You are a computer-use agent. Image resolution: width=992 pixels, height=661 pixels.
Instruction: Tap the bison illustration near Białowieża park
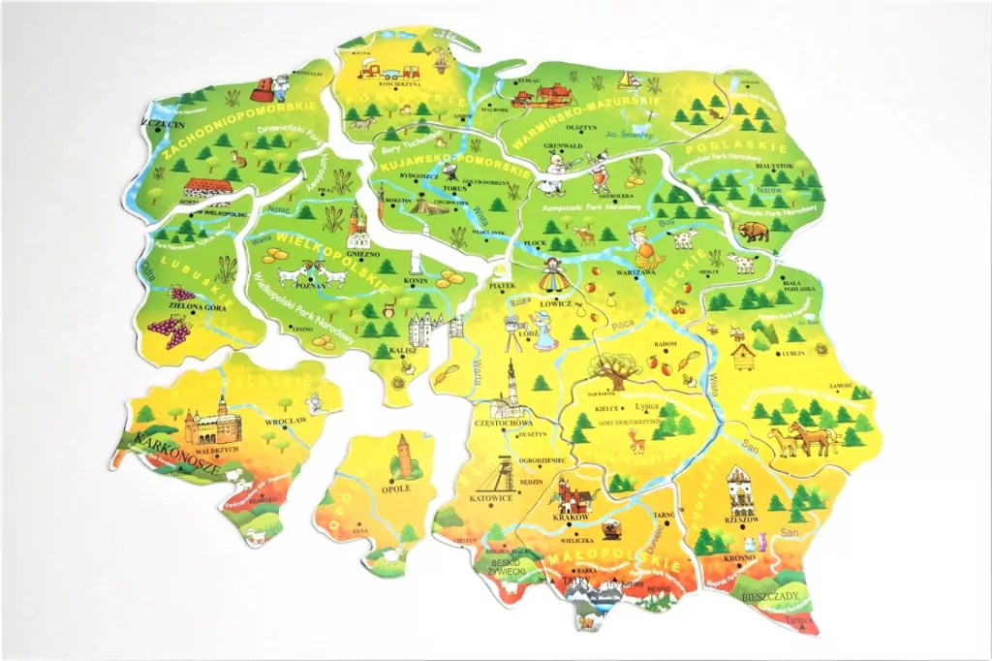[x=753, y=231]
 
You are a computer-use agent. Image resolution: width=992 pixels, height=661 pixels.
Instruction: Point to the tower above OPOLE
[x=404, y=455]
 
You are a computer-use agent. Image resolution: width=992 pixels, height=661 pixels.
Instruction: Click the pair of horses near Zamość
[x=801, y=438]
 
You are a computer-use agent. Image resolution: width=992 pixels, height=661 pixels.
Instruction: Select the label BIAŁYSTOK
[x=773, y=167]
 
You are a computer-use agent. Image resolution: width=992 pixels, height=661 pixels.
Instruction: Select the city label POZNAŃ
[x=308, y=286]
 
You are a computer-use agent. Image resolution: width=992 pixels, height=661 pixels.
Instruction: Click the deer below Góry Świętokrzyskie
[x=637, y=442]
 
